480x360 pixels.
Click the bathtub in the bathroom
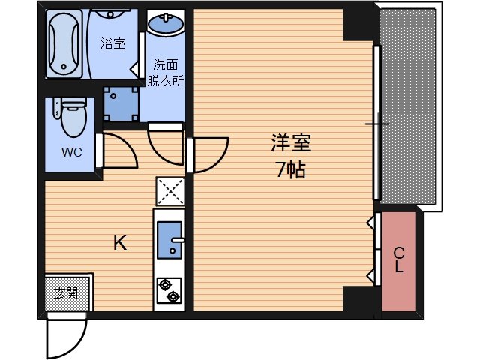[x=65, y=43]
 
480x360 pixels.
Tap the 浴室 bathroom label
[x=113, y=43]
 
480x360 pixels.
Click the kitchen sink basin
[x=171, y=238]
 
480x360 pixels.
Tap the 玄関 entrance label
[x=67, y=292]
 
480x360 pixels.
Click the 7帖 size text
[x=290, y=170]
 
